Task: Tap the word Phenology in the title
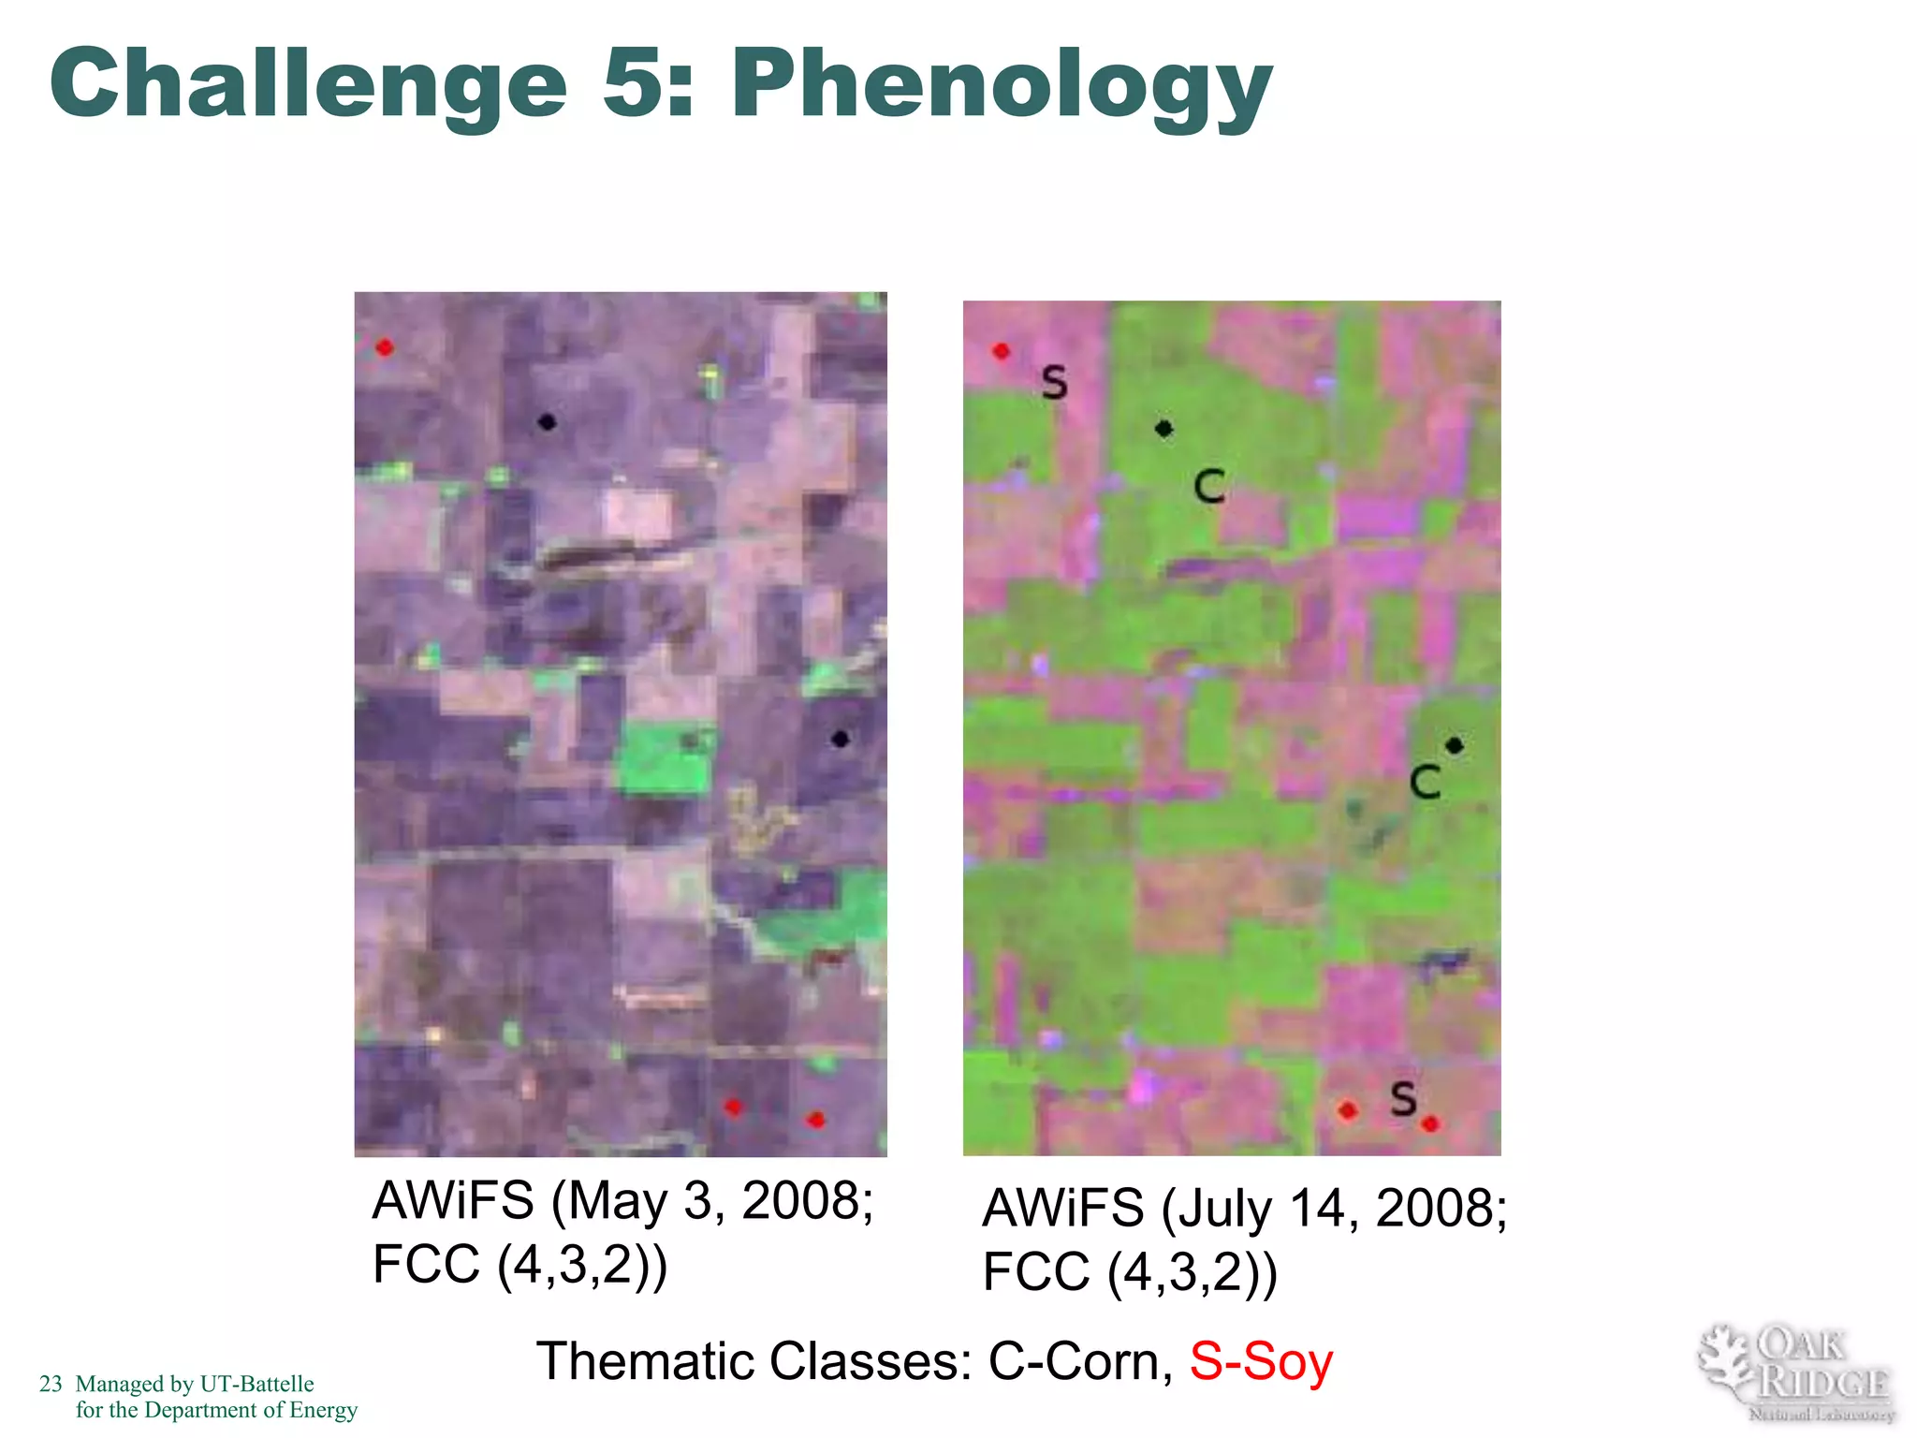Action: click(1002, 86)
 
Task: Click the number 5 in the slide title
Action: click(637, 84)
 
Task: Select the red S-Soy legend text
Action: click(1261, 1361)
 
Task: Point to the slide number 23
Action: click(51, 1384)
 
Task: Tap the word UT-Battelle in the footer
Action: click(256, 1384)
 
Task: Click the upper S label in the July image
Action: click(1055, 383)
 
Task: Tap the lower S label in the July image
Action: click(1403, 1098)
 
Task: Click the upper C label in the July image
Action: click(1209, 487)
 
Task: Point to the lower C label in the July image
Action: click(1425, 782)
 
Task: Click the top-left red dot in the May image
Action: click(385, 348)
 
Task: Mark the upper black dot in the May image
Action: click(548, 422)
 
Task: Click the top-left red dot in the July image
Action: click(1002, 351)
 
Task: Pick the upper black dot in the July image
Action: click(1163, 429)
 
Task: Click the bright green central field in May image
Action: click(663, 756)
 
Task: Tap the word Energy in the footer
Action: click(323, 1410)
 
